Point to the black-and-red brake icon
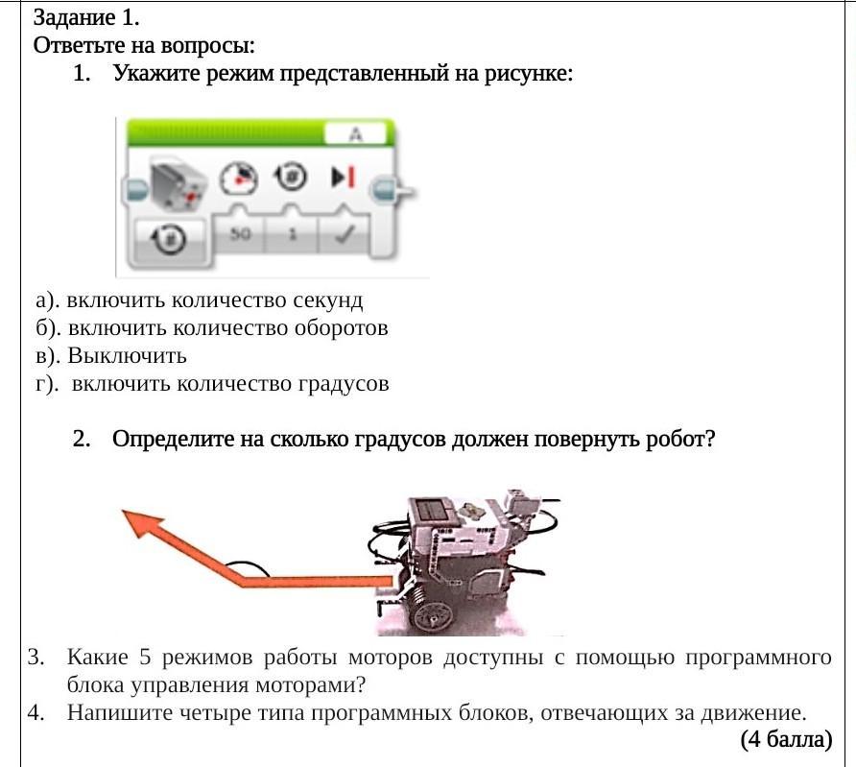tap(343, 178)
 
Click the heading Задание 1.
tap(86, 17)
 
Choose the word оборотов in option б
tap(331, 328)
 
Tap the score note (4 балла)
tap(785, 739)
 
